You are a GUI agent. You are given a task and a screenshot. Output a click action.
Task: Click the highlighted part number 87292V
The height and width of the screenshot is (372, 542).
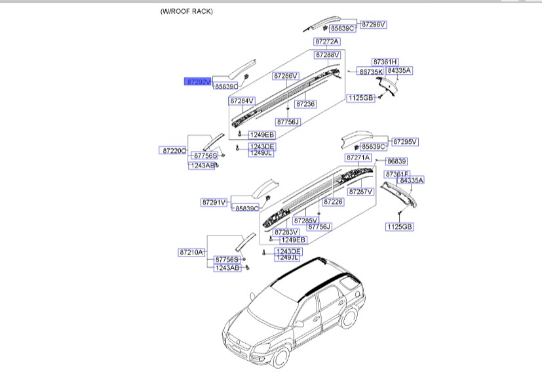pos(198,82)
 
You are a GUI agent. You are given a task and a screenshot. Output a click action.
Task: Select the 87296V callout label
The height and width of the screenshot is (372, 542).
pos(374,24)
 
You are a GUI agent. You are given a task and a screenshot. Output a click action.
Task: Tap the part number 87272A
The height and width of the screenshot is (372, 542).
pos(327,41)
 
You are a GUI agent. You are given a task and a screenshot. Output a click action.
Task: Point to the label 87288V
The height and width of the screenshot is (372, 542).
pos(327,55)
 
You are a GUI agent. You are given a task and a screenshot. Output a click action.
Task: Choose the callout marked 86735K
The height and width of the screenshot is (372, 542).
pos(370,72)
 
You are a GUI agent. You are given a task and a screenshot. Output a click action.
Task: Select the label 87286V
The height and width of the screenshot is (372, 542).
pos(286,76)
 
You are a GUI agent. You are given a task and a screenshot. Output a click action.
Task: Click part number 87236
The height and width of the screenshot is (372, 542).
pos(305,104)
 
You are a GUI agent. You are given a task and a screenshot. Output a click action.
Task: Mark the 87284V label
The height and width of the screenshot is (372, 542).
pos(241,101)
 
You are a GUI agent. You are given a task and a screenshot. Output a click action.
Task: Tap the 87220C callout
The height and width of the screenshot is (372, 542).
pos(174,151)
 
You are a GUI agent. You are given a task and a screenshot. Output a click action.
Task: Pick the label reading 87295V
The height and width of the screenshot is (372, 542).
pos(404,142)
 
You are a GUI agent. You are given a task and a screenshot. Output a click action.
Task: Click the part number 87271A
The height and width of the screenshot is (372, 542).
pos(358,158)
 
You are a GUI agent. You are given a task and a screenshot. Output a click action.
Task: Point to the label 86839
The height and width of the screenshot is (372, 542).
pos(397,161)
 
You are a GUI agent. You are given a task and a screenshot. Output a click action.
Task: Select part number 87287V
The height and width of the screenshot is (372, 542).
pos(360,192)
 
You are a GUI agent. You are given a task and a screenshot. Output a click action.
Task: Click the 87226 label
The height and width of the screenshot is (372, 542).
pos(333,202)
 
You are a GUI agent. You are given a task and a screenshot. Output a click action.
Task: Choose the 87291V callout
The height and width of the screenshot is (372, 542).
pos(214,203)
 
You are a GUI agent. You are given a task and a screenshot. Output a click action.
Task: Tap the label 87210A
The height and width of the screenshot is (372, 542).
pos(191,252)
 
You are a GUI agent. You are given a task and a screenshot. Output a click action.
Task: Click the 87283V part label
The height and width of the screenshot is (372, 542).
pos(286,232)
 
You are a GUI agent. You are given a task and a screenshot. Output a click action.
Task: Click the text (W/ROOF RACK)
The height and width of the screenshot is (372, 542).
pos(186,12)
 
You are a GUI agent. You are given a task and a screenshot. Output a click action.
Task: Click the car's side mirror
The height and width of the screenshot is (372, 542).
pos(298,323)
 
